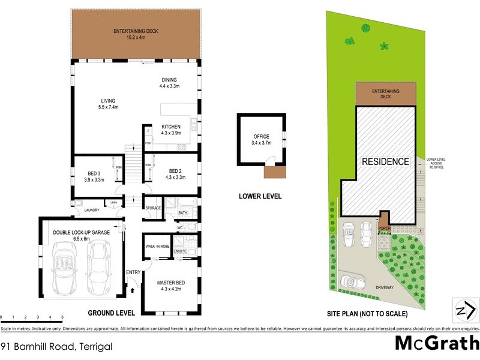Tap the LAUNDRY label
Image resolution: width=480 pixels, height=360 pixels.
(x=91, y=210)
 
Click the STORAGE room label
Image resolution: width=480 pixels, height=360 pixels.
(x=154, y=208)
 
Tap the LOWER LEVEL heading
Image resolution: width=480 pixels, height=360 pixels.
(x=260, y=196)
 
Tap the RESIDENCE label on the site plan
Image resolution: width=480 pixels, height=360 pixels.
(x=385, y=162)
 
